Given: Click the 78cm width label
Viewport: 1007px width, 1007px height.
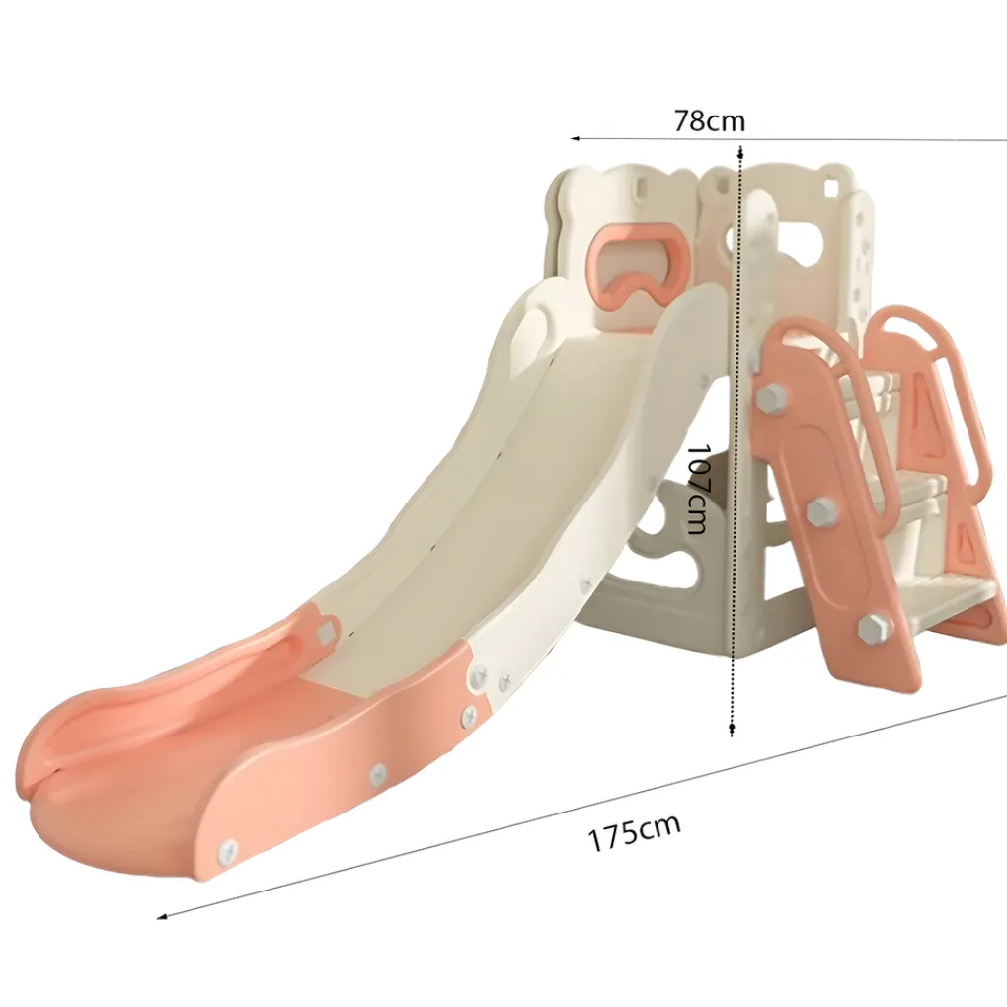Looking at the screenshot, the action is point(709,120).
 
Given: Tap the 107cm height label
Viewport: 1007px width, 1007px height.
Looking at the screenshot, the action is point(697,489).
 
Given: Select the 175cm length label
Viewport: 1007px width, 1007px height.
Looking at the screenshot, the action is point(634,832).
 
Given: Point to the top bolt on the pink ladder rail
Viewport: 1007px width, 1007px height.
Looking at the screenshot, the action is point(770,398).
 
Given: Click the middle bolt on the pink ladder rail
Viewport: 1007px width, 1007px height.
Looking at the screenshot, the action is point(819,510).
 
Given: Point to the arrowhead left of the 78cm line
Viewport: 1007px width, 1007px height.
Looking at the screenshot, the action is point(577,138).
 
